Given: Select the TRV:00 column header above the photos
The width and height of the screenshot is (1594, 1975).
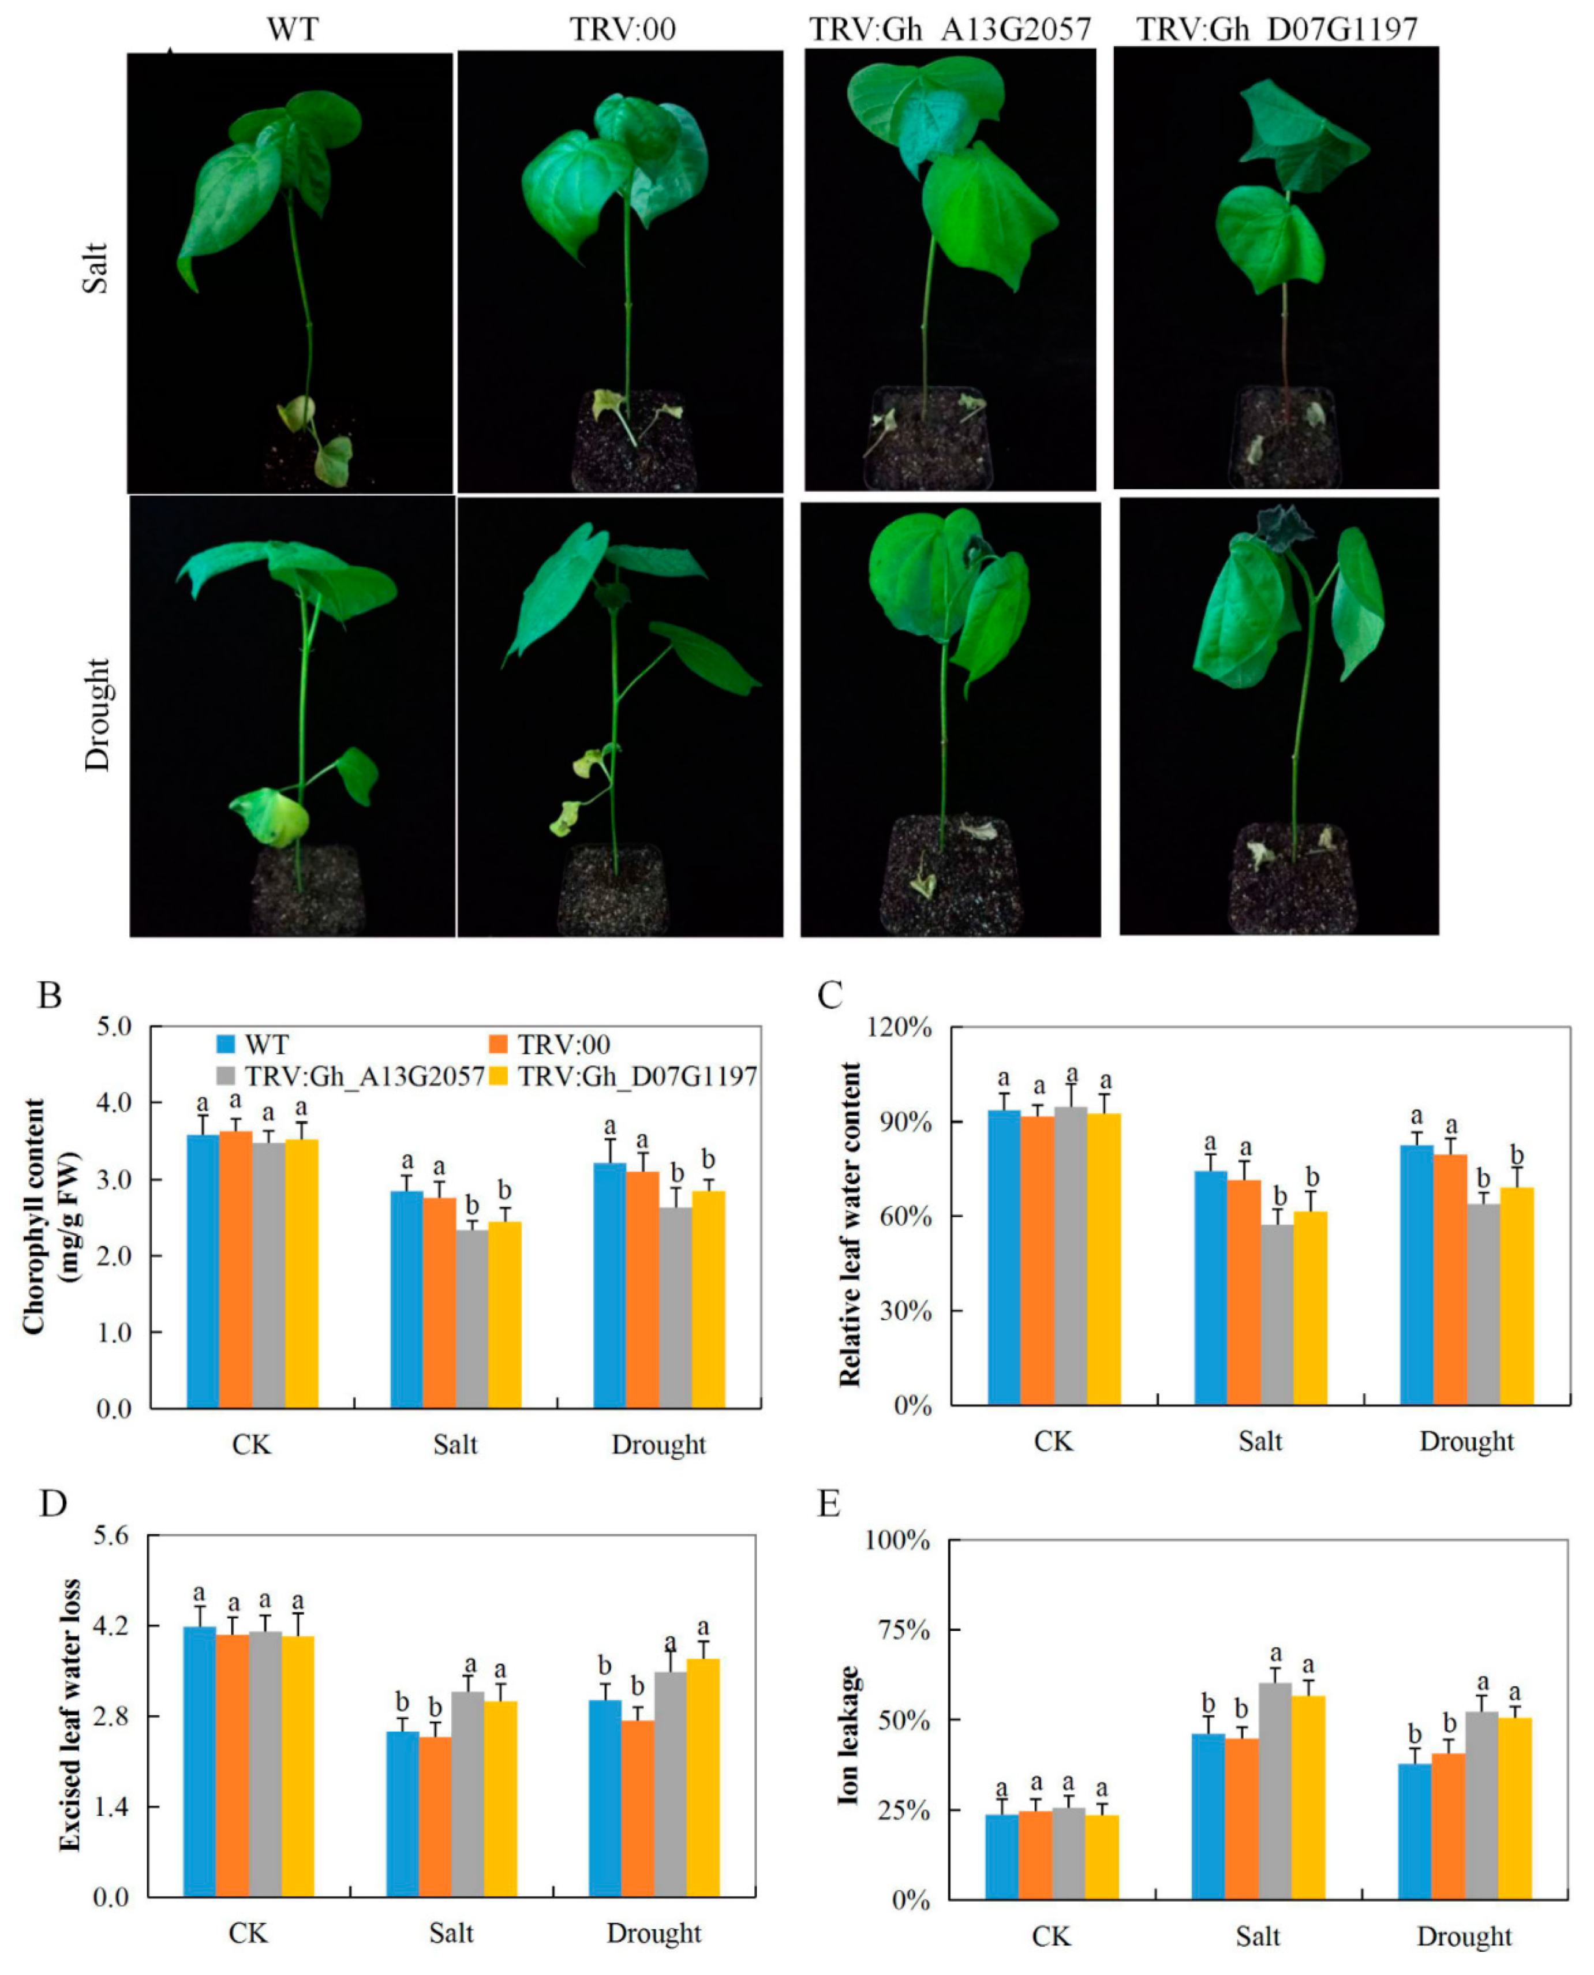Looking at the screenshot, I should point(623,29).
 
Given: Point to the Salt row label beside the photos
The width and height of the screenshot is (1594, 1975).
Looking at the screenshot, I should point(95,268).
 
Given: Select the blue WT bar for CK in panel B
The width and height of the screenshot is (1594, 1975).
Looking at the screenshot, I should point(203,1271).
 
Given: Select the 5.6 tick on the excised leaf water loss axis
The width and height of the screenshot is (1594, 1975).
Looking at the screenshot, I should point(111,1535).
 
